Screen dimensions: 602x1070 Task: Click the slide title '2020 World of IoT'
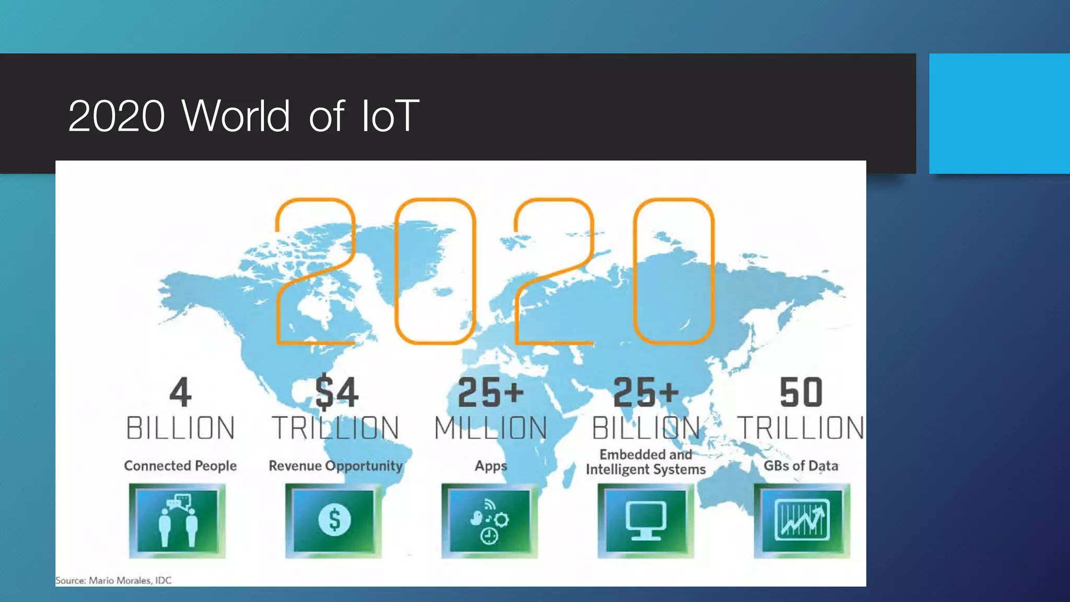243,115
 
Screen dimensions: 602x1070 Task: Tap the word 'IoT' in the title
390,115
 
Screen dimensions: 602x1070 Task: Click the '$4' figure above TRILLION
336,392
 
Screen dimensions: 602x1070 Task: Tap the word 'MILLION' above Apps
491,428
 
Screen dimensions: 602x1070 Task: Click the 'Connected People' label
180,466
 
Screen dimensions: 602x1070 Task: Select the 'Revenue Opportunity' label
335,466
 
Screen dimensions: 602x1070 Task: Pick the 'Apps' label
491,466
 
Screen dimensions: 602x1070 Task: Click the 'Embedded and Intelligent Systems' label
646,462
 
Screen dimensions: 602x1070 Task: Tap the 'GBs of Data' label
800,466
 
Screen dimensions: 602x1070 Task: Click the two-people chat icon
178,520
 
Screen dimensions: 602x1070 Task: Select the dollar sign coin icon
334,520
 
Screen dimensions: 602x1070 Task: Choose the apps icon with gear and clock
490,520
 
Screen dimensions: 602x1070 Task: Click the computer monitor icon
646,520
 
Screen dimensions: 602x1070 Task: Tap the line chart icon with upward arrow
802,520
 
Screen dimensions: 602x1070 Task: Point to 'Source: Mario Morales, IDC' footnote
113,580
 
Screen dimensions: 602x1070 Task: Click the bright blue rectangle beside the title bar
999,113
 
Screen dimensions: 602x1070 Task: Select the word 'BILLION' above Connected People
180,428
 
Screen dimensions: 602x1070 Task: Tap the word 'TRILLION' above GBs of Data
800,428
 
